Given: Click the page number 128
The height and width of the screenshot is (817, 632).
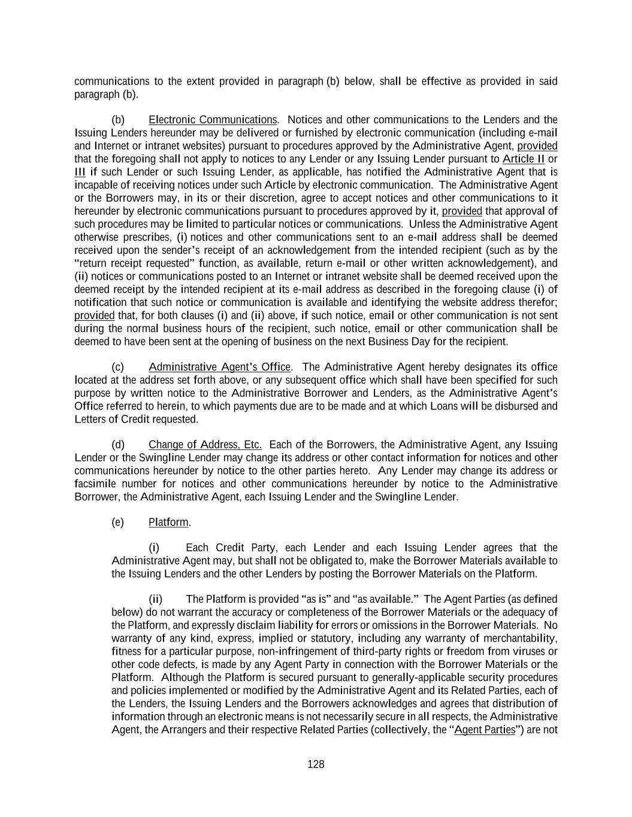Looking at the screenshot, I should pos(316,764).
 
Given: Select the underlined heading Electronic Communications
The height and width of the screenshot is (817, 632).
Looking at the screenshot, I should pos(213,120).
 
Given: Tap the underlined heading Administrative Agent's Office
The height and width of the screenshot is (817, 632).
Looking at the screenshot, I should pos(220,367).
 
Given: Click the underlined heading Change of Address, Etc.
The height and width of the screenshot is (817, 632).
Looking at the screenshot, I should pos(205,445).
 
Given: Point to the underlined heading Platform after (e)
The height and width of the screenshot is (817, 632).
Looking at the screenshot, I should pos(168,523).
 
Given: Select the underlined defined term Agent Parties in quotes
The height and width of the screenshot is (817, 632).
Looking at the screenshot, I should pos(485,730).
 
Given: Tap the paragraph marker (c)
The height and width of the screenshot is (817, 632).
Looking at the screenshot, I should pos(118,367).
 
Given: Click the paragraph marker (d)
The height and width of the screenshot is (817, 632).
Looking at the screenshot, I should pos(118,445).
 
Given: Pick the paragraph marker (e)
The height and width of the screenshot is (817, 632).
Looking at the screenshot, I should pos(118,523).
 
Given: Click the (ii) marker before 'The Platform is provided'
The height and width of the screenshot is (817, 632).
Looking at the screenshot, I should pos(156,599).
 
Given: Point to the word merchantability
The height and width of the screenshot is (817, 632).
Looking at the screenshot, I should pos(521,638).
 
